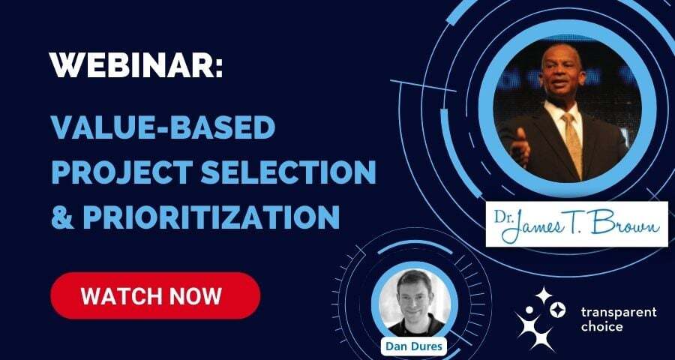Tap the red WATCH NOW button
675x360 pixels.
pyautogui.click(x=155, y=295)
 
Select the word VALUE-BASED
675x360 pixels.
pyautogui.click(x=163, y=127)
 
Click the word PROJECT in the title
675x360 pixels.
pyautogui.click(x=121, y=172)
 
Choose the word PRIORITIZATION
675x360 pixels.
pyautogui.click(x=211, y=217)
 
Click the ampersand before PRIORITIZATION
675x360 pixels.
pyautogui.click(x=61, y=217)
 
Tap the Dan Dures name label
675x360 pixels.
pyautogui.click(x=414, y=346)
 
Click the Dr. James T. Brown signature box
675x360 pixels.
pyautogui.click(x=577, y=224)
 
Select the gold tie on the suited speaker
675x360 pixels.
pyautogui.click(x=574, y=144)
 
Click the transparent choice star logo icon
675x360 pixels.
pyautogui.click(x=540, y=319)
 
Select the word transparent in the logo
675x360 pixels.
pyautogui.click(x=619, y=312)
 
